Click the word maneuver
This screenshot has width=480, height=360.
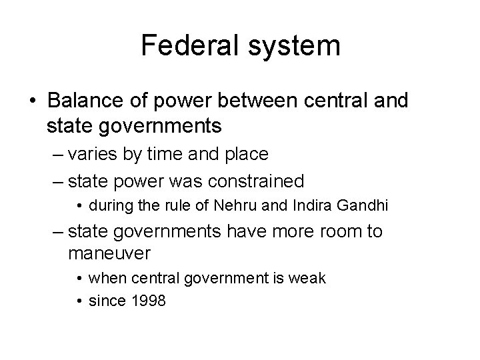[109, 254]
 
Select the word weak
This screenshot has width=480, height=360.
[309, 278]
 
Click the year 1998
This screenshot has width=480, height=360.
[149, 301]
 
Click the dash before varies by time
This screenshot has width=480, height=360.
[59, 155]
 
